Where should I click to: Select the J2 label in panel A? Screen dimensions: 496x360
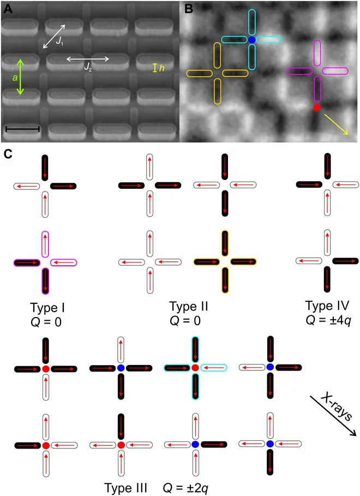pyautogui.click(x=87, y=67)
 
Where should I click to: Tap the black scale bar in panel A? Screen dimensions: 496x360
pyautogui.click(x=22, y=129)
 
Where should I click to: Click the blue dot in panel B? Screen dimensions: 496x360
pyautogui.click(x=251, y=40)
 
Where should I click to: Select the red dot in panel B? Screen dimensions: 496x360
pyautogui.click(x=317, y=108)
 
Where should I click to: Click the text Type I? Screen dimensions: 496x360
pyautogui.click(x=41, y=306)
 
